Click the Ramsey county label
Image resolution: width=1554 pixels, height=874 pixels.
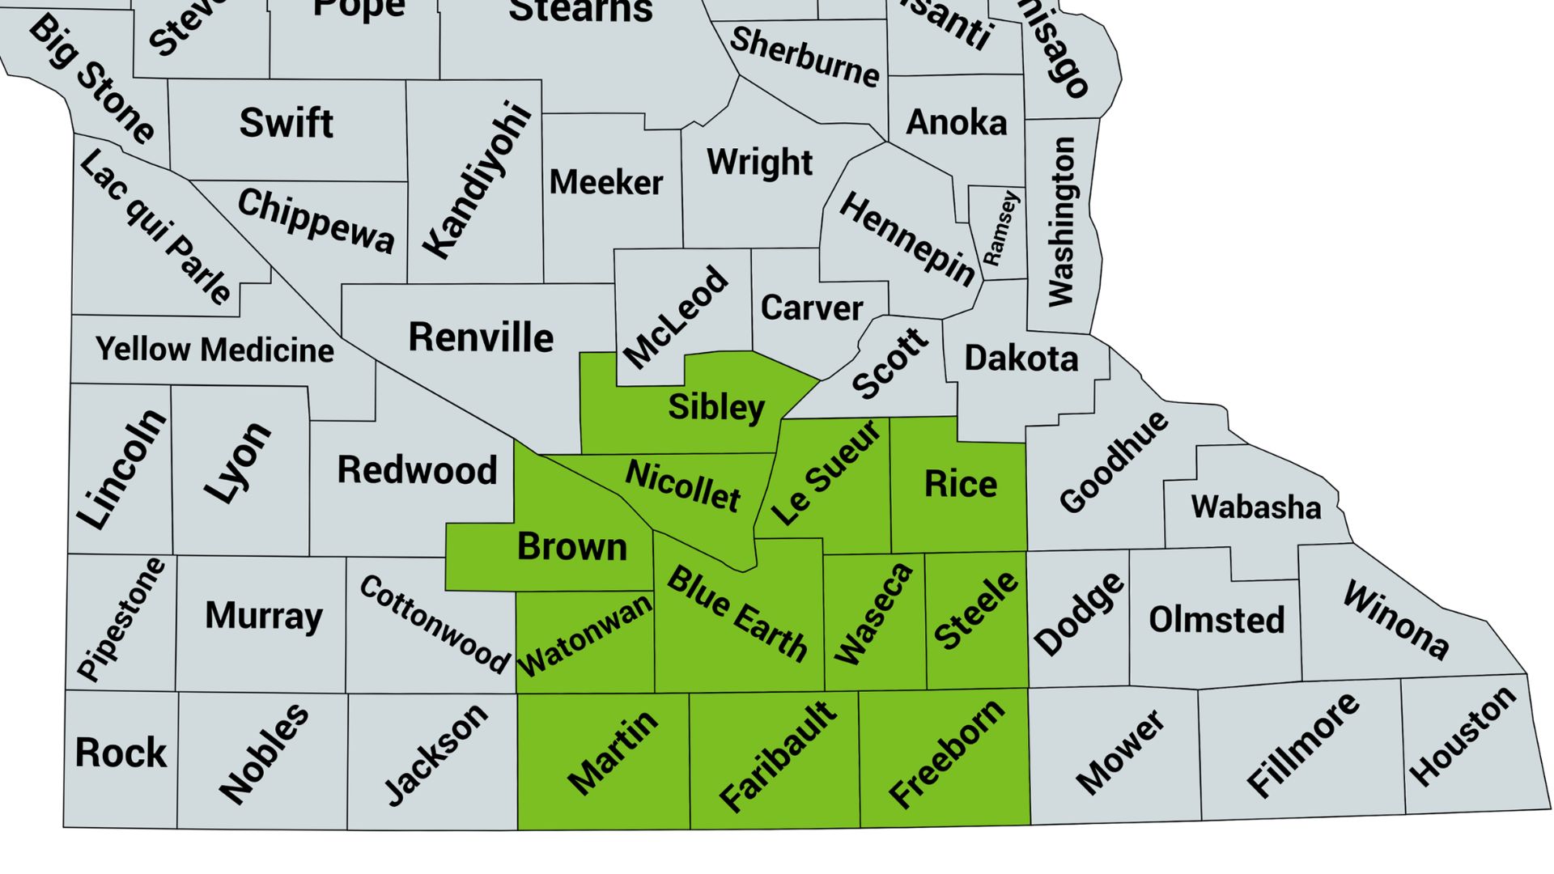(x=1001, y=229)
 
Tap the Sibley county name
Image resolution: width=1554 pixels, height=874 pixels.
(x=716, y=407)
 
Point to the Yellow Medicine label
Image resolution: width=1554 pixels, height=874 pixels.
(x=214, y=350)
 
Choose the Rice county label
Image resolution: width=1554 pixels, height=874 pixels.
(x=961, y=484)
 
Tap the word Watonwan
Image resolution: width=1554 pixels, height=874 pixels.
(x=585, y=635)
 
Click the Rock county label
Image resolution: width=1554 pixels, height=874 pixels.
(x=121, y=753)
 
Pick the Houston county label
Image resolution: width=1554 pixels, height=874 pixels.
(x=1463, y=736)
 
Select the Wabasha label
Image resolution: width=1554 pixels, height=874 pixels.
(x=1256, y=507)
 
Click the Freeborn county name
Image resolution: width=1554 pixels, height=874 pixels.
(x=947, y=754)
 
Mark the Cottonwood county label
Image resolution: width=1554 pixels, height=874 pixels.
(x=435, y=624)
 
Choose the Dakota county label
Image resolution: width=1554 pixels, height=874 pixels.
(x=1021, y=359)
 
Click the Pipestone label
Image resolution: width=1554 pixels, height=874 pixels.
(x=121, y=619)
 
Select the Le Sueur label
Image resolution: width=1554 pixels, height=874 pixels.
(x=826, y=473)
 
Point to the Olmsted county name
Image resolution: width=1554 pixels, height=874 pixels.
(x=1216, y=620)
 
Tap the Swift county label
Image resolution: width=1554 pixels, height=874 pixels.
(x=287, y=123)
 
